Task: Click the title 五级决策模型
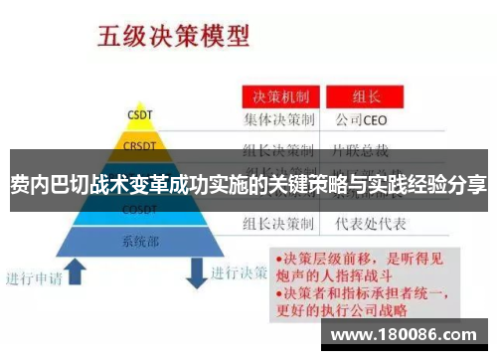(172, 37)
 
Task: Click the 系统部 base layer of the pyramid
(140, 241)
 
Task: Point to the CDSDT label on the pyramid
(139, 210)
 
